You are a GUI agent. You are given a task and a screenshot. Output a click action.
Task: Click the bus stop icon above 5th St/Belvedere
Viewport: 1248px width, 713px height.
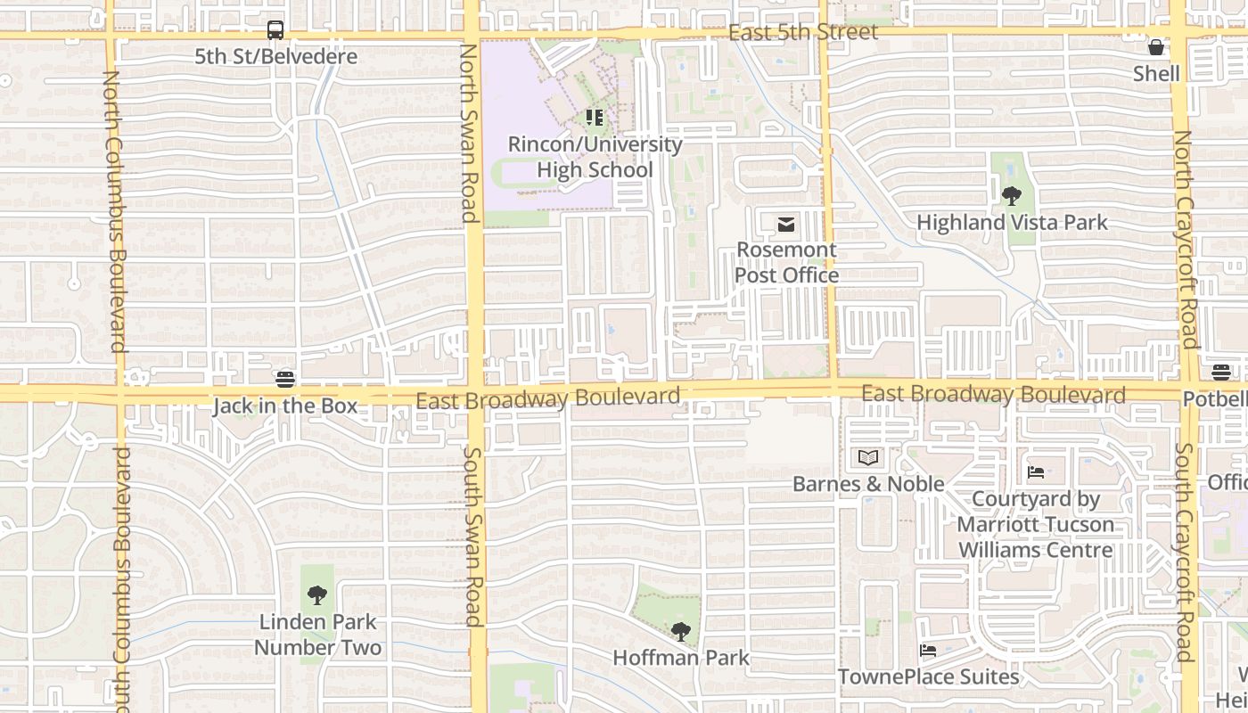[275, 30]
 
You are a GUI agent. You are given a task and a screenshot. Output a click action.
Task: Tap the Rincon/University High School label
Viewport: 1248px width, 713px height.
[595, 157]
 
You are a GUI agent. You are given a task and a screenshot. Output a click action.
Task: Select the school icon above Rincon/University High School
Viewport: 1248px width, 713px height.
[595, 118]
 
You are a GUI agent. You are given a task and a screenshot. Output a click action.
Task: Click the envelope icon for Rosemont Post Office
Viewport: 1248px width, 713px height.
[786, 225]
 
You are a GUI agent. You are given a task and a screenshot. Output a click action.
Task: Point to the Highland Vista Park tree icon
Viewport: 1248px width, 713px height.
[1011, 196]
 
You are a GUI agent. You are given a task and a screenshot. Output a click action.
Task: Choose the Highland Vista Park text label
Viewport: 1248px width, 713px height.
[1012, 223]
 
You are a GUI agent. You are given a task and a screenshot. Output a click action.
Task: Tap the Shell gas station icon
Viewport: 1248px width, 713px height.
[1156, 47]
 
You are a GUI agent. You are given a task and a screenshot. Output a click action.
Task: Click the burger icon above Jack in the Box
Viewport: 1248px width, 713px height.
[285, 380]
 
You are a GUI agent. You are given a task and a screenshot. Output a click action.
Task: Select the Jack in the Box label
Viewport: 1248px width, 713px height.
[285, 406]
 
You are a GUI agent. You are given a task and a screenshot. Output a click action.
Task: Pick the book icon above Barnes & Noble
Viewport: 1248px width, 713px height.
[868, 458]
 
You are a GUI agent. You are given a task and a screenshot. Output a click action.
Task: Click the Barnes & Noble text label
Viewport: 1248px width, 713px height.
[868, 484]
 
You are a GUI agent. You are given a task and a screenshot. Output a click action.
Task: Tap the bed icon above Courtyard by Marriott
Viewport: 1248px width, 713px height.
[1036, 472]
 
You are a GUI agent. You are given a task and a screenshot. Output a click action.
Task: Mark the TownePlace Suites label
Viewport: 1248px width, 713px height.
[928, 677]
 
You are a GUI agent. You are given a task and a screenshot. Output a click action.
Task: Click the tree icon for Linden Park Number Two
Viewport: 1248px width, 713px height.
[316, 595]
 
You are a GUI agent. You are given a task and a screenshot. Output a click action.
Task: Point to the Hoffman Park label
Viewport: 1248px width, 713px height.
[681, 658]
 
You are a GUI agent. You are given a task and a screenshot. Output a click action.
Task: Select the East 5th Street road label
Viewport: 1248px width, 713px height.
[803, 33]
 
